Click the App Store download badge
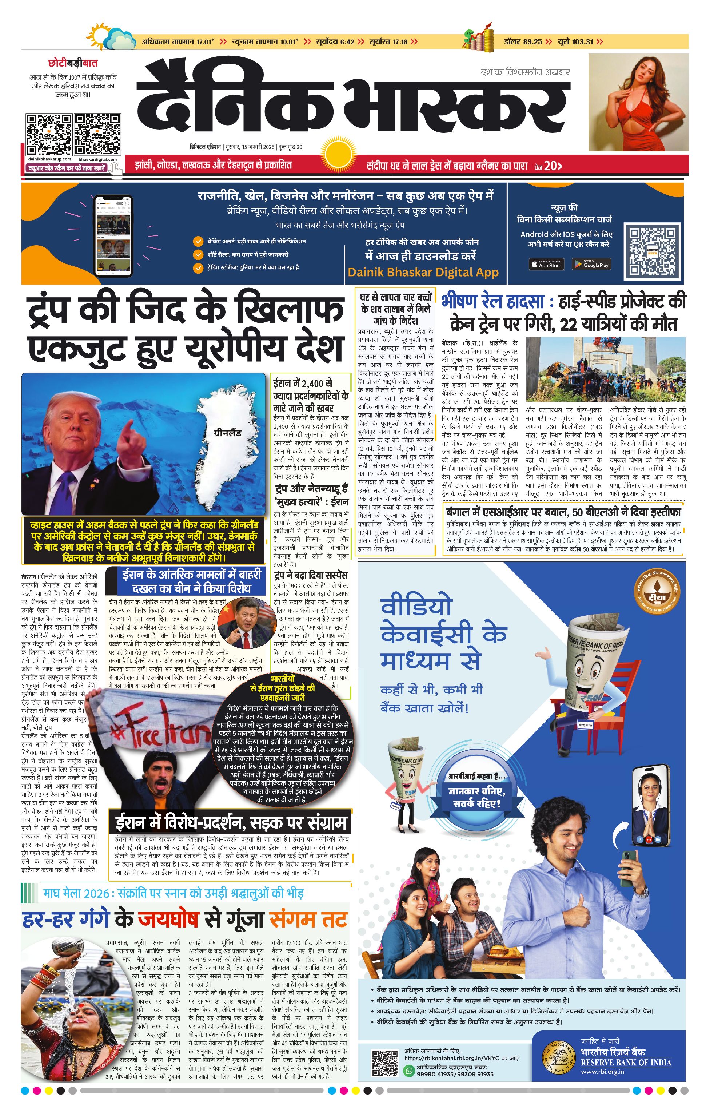click(x=546, y=264)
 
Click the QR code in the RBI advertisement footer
click(x=384, y=1063)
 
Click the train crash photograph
click(x=605, y=369)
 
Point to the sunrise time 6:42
click(x=347, y=42)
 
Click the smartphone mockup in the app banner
click(x=113, y=235)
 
